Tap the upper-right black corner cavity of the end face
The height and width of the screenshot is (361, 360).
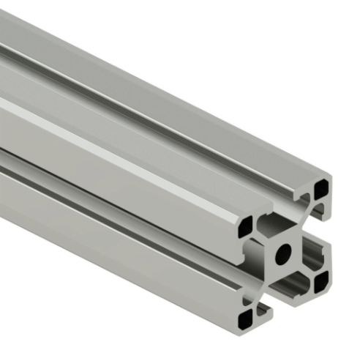point(320,190)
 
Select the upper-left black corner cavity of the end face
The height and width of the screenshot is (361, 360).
point(246,224)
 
